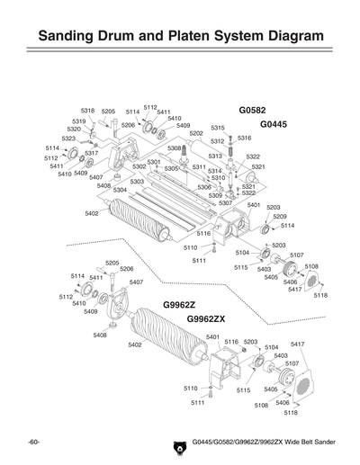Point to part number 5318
pyautogui.click(x=87, y=111)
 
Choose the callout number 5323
pyautogui.click(x=68, y=139)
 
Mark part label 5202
pyautogui.click(x=195, y=133)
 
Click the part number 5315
pyautogui.click(x=217, y=129)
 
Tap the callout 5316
pyautogui.click(x=244, y=138)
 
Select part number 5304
pyautogui.click(x=119, y=190)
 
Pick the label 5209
pyautogui.click(x=280, y=217)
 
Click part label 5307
pyautogui.click(x=225, y=202)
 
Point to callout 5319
pyautogui.click(x=79, y=121)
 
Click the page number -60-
pyautogui.click(x=33, y=443)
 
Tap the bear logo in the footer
pyautogui.click(x=177, y=443)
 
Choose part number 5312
pyautogui.click(x=217, y=141)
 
